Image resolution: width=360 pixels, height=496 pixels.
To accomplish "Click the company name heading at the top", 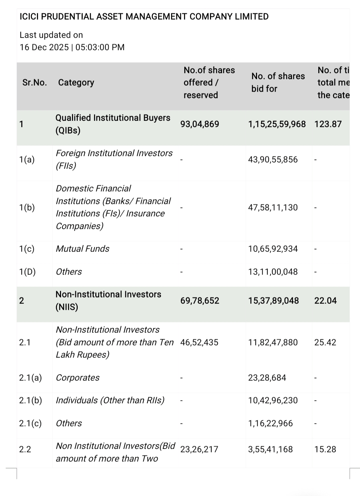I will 144,17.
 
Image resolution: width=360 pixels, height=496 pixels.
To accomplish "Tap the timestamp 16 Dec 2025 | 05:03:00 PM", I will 72,47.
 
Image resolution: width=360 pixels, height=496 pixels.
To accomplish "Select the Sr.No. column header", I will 35,83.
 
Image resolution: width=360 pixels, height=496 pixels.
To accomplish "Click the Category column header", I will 76,83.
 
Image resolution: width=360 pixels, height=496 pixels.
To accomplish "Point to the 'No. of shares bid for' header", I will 278,83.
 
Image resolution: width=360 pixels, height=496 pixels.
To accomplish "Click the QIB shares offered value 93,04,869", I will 200,124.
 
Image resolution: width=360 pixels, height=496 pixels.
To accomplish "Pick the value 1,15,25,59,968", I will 277,124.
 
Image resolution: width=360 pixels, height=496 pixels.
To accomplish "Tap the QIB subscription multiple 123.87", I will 328,124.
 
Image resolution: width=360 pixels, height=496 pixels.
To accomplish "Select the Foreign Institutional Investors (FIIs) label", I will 114,159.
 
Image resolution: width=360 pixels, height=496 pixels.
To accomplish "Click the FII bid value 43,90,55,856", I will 273,160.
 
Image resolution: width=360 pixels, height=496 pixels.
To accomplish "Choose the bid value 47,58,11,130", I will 273,208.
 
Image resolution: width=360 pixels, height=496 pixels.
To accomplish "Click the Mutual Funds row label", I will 82,249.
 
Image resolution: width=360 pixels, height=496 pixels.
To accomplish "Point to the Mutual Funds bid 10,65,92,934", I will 273,249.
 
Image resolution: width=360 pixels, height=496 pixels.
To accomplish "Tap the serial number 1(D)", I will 27,272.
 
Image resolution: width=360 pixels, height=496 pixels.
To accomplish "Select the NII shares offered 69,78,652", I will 200,301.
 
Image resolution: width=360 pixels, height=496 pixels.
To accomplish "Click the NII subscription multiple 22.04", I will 325,301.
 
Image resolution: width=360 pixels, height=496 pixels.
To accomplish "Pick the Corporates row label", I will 78,378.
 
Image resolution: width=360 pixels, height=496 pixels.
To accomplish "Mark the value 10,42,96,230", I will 273,400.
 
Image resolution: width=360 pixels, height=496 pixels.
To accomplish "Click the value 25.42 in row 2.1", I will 325,342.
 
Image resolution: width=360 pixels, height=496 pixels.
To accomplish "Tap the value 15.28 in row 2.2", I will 325,449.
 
